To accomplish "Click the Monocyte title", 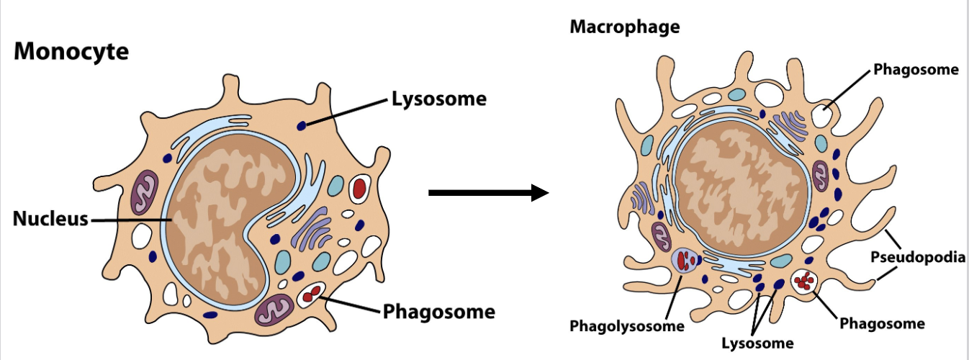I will (71, 52).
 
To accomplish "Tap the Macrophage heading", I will (624, 27).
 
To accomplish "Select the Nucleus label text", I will (50, 219).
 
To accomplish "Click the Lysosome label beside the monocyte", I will (438, 99).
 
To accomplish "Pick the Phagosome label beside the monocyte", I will (438, 312).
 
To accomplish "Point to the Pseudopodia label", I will (917, 257).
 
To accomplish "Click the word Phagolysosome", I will (626, 326).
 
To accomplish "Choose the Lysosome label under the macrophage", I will (757, 342).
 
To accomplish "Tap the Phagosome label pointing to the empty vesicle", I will (916, 70).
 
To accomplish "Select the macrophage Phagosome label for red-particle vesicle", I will (882, 323).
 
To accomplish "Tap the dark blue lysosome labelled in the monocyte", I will (301, 126).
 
